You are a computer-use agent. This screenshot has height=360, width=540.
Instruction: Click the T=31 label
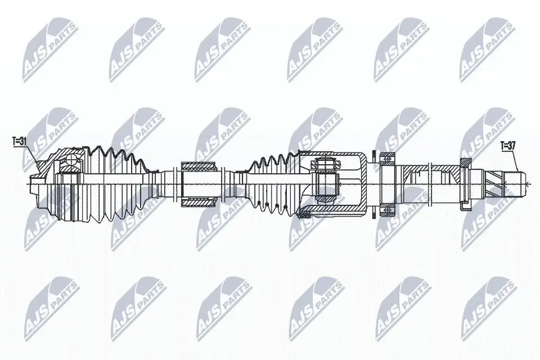point(20,142)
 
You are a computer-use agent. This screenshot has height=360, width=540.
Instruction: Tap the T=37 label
point(507,146)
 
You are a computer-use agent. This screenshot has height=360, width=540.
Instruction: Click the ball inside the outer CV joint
point(72,160)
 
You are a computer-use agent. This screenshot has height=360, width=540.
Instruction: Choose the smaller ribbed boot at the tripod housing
point(272,183)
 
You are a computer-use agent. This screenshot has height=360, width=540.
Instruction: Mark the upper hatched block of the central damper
point(199,166)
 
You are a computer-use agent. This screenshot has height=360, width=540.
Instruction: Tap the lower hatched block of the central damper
point(199,203)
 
